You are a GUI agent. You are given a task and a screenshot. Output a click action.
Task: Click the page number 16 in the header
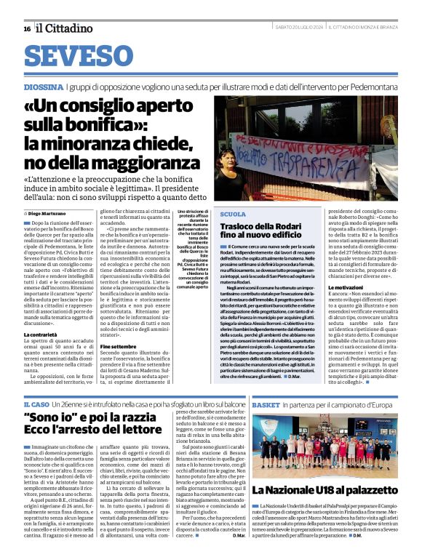point(26,28)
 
